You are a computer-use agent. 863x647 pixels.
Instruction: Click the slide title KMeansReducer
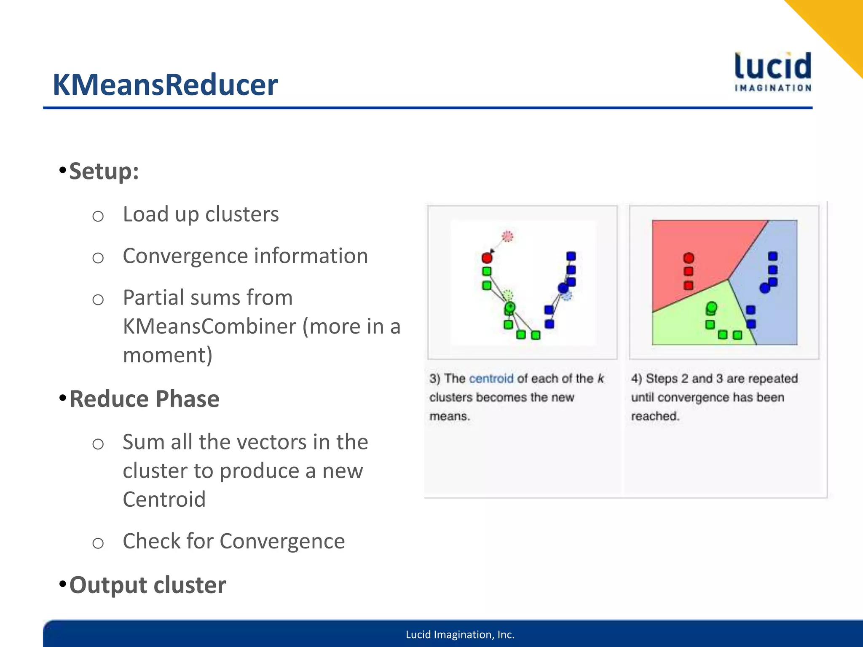click(x=165, y=85)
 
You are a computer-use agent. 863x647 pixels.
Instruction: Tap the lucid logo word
click(x=773, y=67)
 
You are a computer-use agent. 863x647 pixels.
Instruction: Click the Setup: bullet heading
click(x=104, y=171)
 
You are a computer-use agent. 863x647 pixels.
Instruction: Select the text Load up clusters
click(x=201, y=214)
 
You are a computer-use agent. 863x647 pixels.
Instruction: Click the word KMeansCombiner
click(x=209, y=326)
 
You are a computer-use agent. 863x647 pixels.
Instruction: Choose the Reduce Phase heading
click(x=144, y=399)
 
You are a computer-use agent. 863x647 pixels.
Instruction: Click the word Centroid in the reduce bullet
click(x=164, y=499)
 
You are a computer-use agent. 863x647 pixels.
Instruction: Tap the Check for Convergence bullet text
click(x=233, y=541)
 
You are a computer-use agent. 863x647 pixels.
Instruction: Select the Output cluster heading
click(x=147, y=585)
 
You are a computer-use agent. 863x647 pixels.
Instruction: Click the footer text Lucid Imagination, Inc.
click(x=460, y=634)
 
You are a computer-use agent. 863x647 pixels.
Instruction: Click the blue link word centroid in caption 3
click(x=491, y=378)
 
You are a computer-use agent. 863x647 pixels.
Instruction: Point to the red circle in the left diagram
click(x=487, y=258)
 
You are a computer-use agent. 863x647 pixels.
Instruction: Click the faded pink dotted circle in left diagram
click(x=508, y=236)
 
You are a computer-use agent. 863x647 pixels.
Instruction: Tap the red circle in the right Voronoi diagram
click(x=689, y=258)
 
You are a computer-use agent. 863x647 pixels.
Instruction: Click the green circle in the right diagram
click(x=712, y=307)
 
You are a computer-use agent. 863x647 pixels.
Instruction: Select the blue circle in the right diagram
click(x=764, y=288)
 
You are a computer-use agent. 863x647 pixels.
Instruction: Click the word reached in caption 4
click(x=654, y=416)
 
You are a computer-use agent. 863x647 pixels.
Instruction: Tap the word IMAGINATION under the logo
click(x=773, y=88)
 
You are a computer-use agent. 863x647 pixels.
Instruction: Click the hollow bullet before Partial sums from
click(x=98, y=299)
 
